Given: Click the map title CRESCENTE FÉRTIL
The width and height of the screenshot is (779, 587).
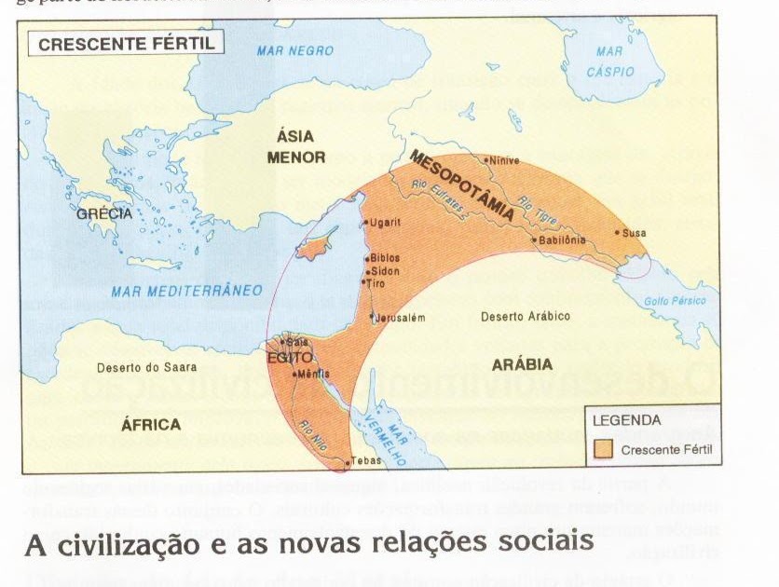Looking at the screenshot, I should click(126, 43).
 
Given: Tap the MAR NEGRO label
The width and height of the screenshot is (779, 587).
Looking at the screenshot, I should click(294, 50).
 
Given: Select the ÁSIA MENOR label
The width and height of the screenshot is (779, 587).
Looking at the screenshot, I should click(295, 146).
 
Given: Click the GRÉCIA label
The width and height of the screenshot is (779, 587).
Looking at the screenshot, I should click(104, 213).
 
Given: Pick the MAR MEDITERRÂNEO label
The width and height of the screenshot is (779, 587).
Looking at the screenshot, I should click(186, 291).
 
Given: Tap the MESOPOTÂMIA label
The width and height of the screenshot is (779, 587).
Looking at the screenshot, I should click(462, 184).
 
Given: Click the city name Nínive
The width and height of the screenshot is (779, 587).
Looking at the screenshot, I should click(504, 160).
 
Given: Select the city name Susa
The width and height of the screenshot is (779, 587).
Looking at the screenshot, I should click(634, 233).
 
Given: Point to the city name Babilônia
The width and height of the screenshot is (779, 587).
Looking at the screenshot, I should click(562, 239).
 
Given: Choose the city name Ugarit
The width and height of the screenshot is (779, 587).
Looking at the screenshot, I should click(385, 223).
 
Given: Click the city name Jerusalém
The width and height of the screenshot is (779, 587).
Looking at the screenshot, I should click(402, 318).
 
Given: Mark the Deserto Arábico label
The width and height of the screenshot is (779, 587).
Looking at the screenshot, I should click(525, 317).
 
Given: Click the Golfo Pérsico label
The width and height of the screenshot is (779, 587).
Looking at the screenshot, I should click(676, 301).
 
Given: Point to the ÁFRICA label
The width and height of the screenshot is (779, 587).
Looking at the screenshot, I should click(151, 425).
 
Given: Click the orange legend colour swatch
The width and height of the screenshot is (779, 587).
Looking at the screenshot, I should click(605, 449).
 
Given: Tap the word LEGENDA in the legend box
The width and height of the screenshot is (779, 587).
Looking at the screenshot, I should click(627, 419).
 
